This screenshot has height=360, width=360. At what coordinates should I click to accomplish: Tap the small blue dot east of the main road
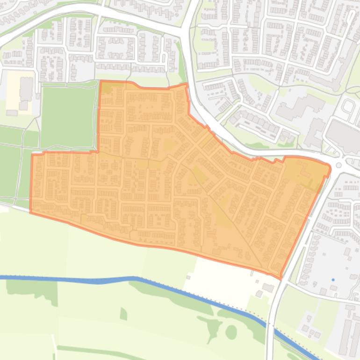tap(333, 280)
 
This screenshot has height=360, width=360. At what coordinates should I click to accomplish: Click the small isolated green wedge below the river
tap(123, 313)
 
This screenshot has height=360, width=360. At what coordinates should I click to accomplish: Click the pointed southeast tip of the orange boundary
tap(281, 278)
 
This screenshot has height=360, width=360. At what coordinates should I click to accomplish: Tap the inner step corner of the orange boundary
tap(99, 151)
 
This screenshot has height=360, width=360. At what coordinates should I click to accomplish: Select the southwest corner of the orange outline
tap(31, 212)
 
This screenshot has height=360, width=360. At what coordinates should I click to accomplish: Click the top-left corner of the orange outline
tap(101, 81)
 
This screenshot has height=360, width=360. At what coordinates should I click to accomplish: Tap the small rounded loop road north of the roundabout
tap(348, 108)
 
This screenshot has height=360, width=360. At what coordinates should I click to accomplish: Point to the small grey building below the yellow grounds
tap(12, 113)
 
